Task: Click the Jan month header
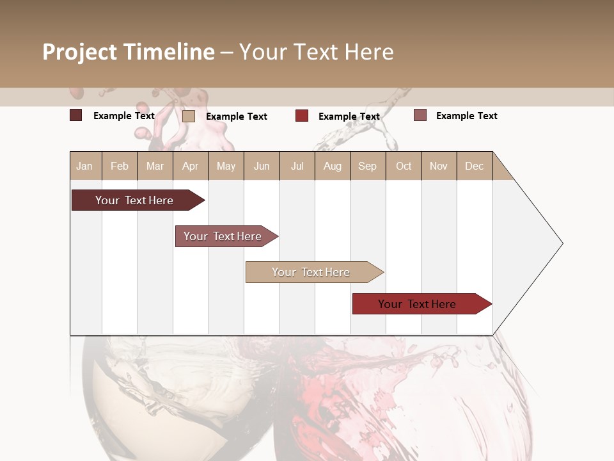tap(85, 166)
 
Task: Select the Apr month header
tap(191, 166)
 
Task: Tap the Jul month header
tap(297, 166)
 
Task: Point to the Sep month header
tap(367, 166)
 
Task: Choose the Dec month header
tap(474, 166)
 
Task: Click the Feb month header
tap(120, 166)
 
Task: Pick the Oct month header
tap(404, 166)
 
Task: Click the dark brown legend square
tap(76, 115)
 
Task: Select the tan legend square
tap(189, 116)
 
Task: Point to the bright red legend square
tap(302, 116)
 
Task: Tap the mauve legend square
tap(420, 115)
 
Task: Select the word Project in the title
tap(80, 52)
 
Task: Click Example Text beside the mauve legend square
tap(466, 116)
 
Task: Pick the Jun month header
tap(262, 166)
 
